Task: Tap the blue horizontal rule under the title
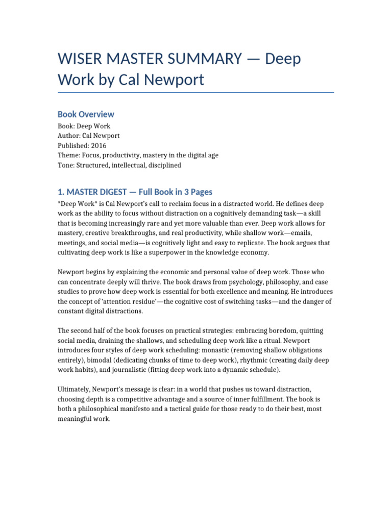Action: [x=196, y=92]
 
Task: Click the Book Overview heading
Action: [x=86, y=114]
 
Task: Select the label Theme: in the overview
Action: [x=68, y=155]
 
